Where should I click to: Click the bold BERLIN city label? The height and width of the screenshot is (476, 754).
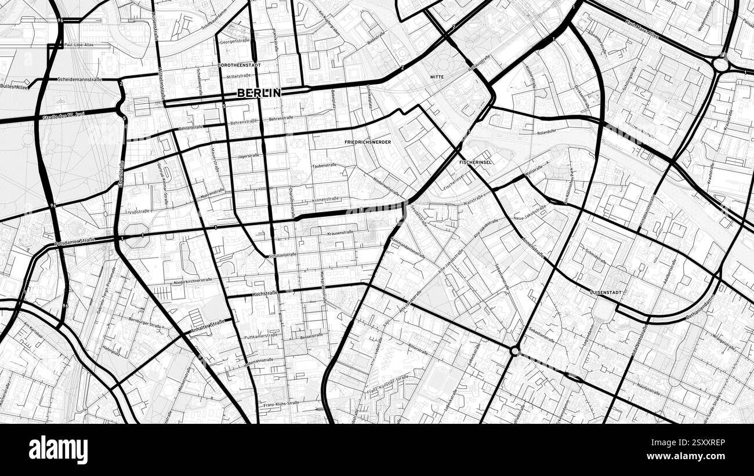[x=259, y=93]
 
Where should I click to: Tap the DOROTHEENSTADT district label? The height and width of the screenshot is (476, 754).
[x=240, y=66]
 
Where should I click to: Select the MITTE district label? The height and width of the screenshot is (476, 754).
[x=437, y=77]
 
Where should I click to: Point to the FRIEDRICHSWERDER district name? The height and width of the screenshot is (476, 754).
[x=368, y=142]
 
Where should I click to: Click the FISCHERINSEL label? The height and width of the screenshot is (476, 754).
[x=475, y=162]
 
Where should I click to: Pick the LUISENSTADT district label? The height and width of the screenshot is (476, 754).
[x=606, y=293]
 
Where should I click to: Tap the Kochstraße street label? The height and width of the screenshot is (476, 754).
[x=266, y=295]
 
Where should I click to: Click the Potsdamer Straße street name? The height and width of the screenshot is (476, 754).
[x=75, y=242]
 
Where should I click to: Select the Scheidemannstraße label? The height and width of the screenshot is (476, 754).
[x=79, y=79]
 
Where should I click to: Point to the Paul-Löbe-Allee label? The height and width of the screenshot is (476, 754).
[x=79, y=45]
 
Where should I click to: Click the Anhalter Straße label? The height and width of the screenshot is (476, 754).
[x=207, y=326]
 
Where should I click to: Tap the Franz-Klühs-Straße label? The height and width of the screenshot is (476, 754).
[x=281, y=404]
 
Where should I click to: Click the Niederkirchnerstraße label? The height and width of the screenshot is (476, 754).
[x=193, y=281]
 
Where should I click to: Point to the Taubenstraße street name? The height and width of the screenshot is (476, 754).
[x=325, y=165]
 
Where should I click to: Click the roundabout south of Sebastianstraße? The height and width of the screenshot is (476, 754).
[x=514, y=351]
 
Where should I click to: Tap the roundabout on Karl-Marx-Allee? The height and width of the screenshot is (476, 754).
[x=721, y=64]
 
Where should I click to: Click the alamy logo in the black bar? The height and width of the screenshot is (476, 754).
[x=58, y=450]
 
